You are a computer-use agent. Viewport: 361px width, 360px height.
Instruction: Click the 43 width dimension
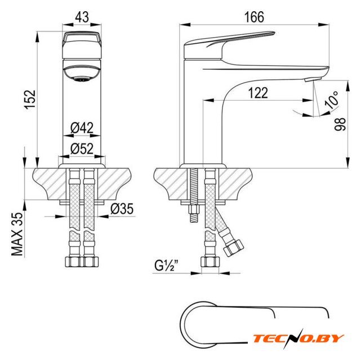point(82,17)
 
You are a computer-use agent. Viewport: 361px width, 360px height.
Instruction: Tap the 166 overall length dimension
point(254,17)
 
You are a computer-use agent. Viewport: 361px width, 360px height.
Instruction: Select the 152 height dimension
point(30,100)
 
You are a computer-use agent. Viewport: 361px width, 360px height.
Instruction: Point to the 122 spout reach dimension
point(258,93)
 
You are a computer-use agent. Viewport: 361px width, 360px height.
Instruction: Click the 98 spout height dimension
point(340,124)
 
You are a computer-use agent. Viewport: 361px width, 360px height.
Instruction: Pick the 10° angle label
point(332,100)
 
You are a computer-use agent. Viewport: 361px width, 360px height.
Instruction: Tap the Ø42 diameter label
point(82,128)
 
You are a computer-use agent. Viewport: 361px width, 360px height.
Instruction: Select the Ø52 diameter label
point(82,148)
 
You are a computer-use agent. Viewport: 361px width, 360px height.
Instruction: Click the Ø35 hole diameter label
point(122,209)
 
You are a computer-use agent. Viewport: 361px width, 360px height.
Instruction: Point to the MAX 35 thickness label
point(17,234)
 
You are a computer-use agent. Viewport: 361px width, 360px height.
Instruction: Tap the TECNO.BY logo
point(298,339)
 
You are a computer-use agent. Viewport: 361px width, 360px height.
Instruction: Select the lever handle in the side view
point(230,45)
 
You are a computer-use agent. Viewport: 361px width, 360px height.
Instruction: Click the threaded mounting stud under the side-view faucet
point(194,195)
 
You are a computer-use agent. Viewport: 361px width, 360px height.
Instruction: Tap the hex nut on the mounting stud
point(194,210)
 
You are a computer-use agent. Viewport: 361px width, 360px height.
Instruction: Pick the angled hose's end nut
point(234,248)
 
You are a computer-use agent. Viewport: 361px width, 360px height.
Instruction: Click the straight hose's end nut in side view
point(210,262)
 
